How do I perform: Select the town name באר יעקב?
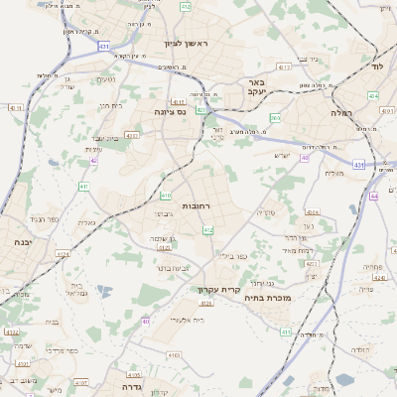255,86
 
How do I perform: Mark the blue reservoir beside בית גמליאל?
103,290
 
